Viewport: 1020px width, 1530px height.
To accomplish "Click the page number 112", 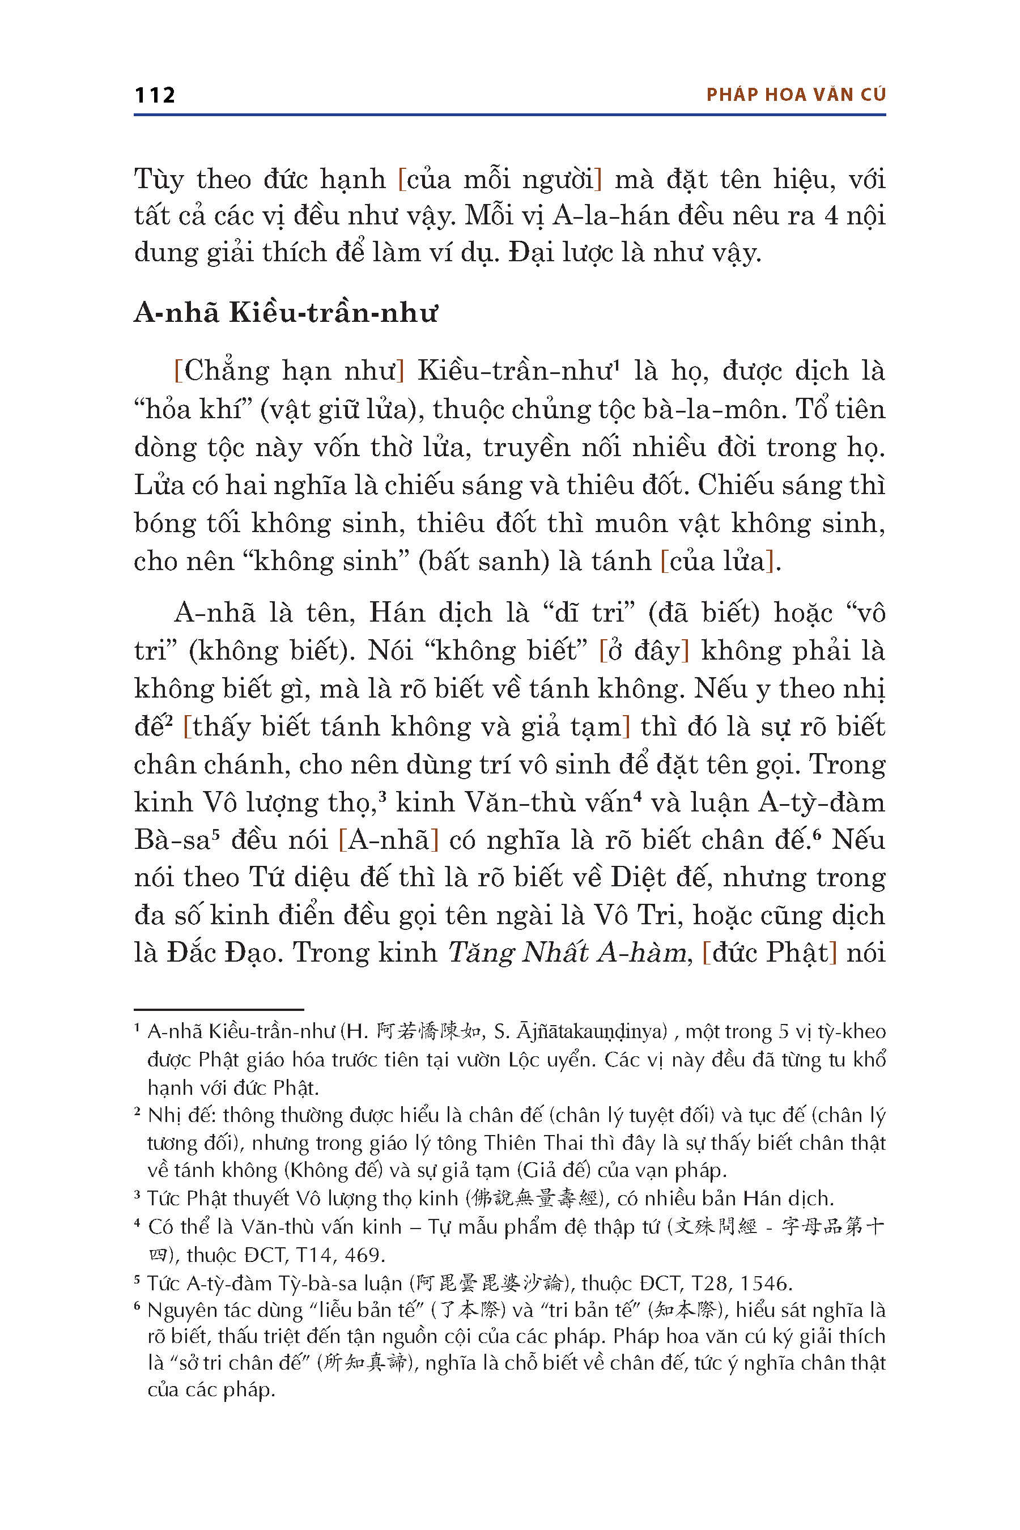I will [155, 95].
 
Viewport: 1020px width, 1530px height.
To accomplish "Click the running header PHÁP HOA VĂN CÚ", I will [796, 95].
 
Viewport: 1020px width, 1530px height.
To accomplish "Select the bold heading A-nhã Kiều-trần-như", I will [286, 313].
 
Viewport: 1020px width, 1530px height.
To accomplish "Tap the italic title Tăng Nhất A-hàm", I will [567, 953].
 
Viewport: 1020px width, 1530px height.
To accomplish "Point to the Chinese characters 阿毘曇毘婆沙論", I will [490, 1283].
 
